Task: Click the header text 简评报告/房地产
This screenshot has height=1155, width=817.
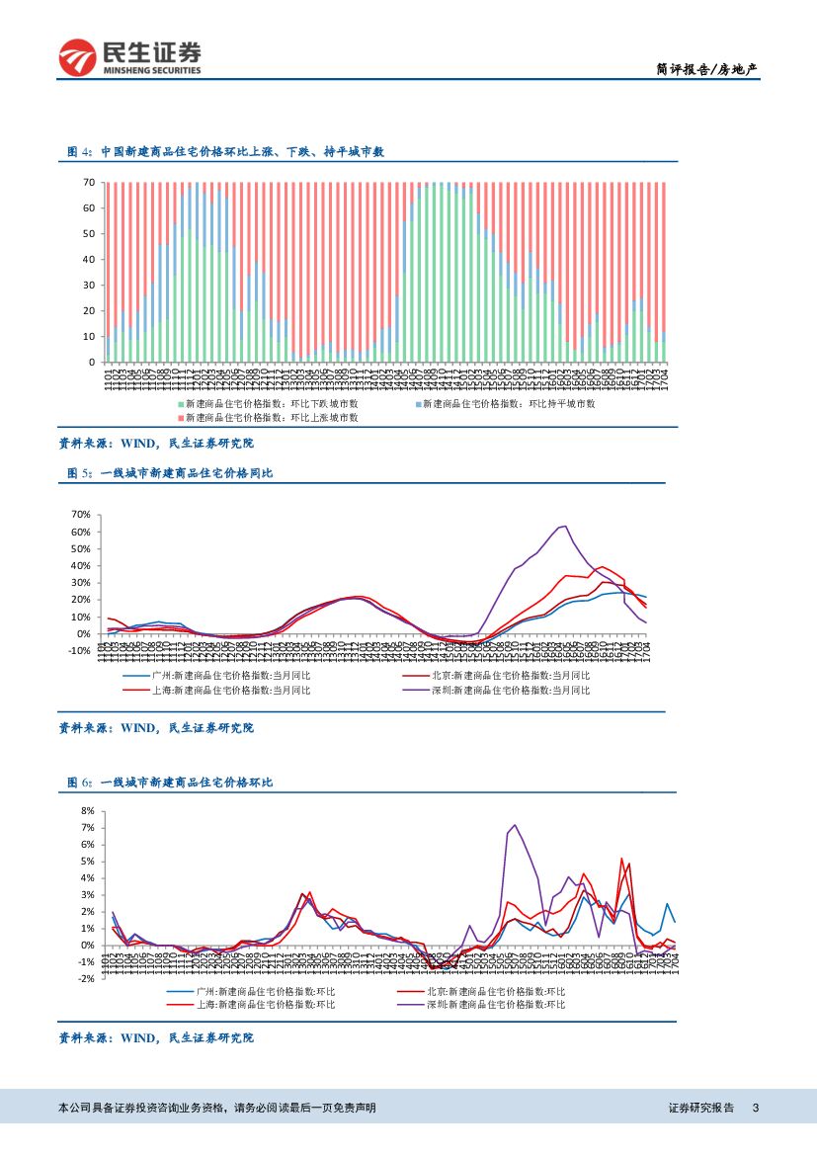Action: click(707, 69)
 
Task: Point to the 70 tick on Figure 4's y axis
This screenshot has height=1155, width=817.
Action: click(88, 183)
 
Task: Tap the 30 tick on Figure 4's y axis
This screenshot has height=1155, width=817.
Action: click(88, 286)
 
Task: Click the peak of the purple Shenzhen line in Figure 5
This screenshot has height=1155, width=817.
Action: click(564, 526)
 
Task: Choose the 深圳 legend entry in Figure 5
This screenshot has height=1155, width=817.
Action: click(510, 690)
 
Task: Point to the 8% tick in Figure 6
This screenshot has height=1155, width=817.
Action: click(87, 810)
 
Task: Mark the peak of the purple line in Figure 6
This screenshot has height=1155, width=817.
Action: click(515, 825)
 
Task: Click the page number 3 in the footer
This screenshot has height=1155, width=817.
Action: click(756, 1109)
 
